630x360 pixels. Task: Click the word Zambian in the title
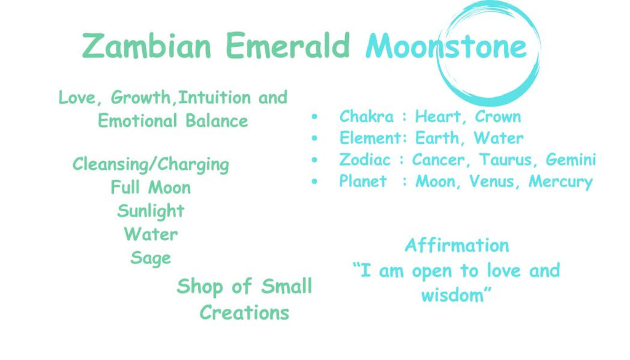coord(146,46)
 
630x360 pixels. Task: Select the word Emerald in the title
coord(288,45)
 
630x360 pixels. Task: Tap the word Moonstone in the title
coord(446,46)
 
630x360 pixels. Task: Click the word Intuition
coord(214,97)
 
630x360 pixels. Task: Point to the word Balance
coord(217,121)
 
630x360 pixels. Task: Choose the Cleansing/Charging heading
coord(151,165)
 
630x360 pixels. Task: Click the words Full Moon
coord(151,188)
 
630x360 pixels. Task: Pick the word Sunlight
coord(151,211)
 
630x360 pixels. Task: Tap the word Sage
coord(151,258)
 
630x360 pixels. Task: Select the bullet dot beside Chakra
coord(314,117)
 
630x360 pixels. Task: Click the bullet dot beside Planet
coord(314,182)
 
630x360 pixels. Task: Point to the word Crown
coord(498,116)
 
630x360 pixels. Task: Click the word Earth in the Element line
coord(437,138)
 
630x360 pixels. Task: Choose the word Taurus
coord(506,159)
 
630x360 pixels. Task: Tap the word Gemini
coord(570,159)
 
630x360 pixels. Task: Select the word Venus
coord(493,181)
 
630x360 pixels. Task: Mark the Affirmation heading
coord(457,245)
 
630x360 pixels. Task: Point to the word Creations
coord(244,313)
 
